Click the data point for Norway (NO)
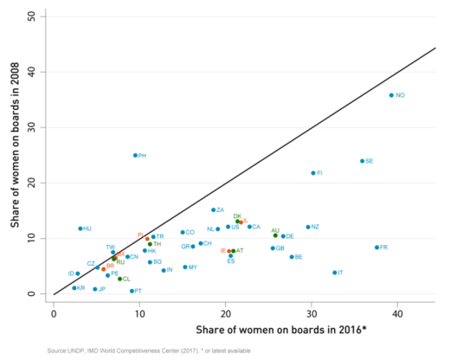pyautogui.click(x=391, y=95)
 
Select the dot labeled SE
pyautogui.click(x=362, y=161)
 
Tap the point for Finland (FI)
pyautogui.click(x=313, y=173)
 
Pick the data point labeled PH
pyautogui.click(x=135, y=156)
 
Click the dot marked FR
pyautogui.click(x=376, y=247)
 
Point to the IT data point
pyautogui.click(x=334, y=273)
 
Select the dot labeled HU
pyautogui.click(x=80, y=228)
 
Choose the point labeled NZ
pyautogui.click(x=307, y=227)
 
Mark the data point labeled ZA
pyautogui.click(x=213, y=209)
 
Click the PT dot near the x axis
pyautogui.click(x=132, y=291)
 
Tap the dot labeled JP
pyautogui.click(x=94, y=289)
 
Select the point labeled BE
pyautogui.click(x=292, y=257)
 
